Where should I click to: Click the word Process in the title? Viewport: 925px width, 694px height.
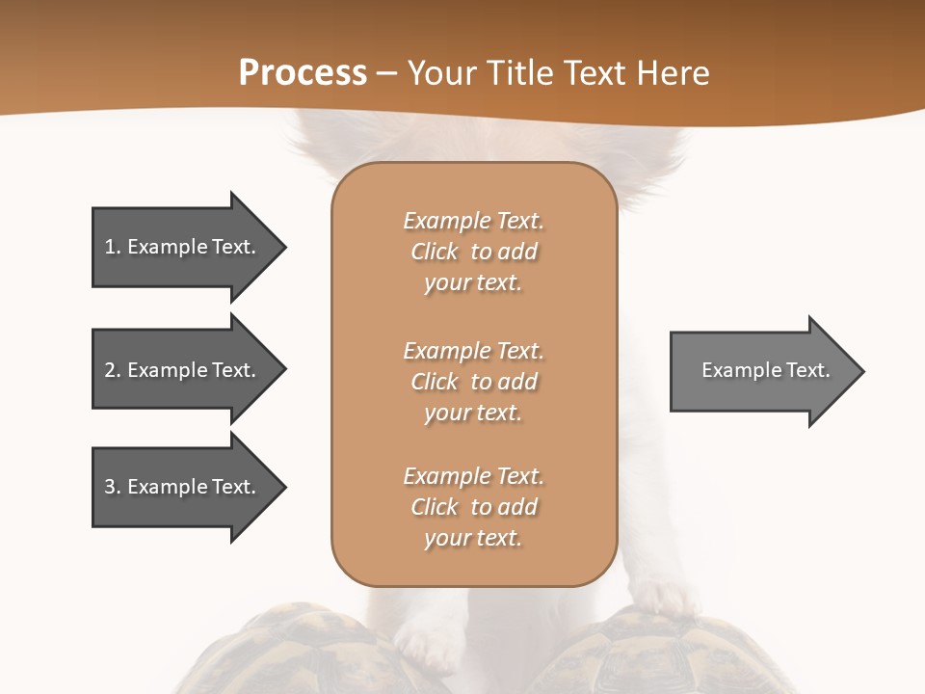coord(303,73)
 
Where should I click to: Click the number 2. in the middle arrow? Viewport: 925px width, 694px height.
coord(112,370)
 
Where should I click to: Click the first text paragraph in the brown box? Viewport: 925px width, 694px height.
coord(473,252)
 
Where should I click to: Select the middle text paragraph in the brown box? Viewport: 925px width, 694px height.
coord(473,382)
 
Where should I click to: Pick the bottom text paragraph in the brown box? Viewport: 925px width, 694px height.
coord(473,507)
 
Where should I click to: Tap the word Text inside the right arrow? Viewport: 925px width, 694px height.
coord(807,370)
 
